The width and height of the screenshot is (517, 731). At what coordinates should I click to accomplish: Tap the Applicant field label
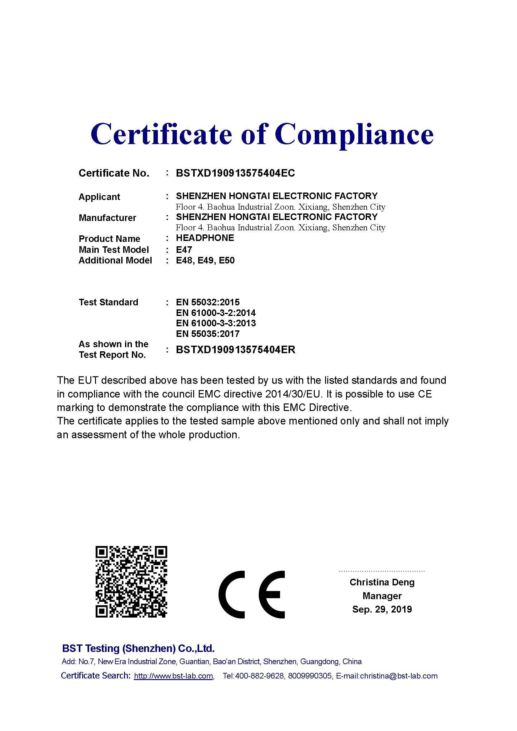click(x=99, y=197)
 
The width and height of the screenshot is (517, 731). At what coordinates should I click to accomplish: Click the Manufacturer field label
click(x=107, y=218)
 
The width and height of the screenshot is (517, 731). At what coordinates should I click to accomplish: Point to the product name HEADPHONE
click(x=205, y=238)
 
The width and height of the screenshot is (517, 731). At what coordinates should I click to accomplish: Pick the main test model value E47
click(x=184, y=250)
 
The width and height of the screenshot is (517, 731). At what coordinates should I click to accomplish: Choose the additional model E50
click(x=227, y=260)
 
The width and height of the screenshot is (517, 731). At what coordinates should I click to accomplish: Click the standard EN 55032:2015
click(x=208, y=302)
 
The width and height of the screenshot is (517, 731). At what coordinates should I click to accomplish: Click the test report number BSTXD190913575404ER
click(x=236, y=350)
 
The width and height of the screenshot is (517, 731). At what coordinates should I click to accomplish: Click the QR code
click(x=131, y=582)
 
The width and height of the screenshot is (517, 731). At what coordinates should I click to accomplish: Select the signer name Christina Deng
click(x=382, y=582)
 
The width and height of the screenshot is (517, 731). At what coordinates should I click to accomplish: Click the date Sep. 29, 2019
click(x=382, y=609)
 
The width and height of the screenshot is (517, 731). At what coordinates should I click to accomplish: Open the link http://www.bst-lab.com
click(x=173, y=676)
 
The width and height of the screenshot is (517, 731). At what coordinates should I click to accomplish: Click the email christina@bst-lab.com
click(x=399, y=676)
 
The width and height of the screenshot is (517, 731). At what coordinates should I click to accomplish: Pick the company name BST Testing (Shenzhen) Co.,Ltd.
click(x=138, y=648)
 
